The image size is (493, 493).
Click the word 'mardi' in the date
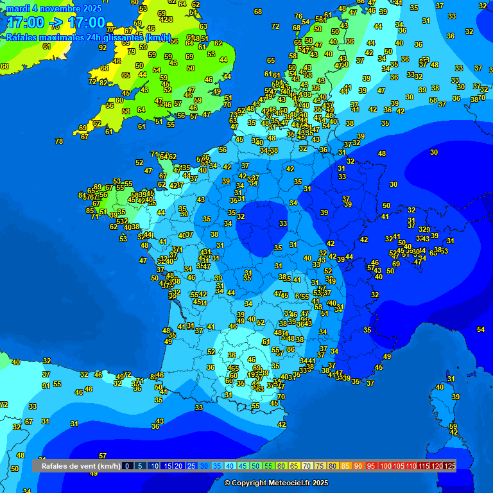point(19,8)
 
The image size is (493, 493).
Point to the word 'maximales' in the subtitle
point(63,37)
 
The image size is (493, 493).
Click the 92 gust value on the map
point(103,48)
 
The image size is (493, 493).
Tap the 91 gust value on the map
point(46,386)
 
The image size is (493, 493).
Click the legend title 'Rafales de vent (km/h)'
point(81,466)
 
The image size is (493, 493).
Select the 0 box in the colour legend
point(127,466)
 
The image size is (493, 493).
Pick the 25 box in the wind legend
point(192,466)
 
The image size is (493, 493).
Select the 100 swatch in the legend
point(386,466)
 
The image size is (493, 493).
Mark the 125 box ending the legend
point(449,466)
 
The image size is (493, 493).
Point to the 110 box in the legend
point(411,466)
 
